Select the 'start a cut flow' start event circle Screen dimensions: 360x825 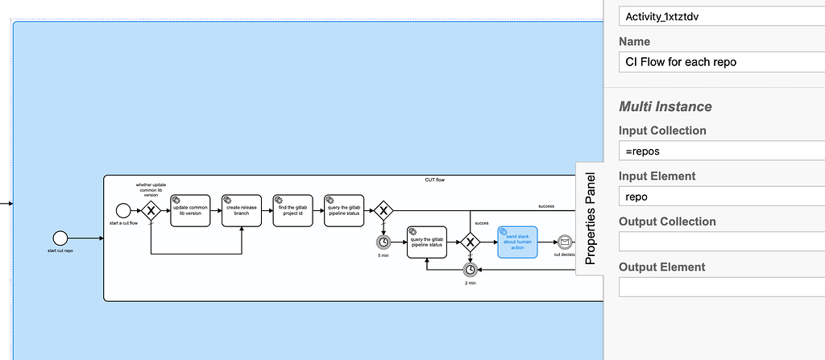click(123, 211)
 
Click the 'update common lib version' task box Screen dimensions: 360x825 click(190, 211)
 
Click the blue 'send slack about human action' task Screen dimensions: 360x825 click(516, 242)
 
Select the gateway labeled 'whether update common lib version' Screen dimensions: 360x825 click(151, 211)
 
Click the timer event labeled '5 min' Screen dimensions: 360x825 click(383, 242)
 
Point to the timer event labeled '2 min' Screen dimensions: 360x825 click(469, 271)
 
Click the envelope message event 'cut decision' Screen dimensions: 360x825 click(565, 242)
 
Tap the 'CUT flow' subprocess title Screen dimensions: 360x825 click(434, 180)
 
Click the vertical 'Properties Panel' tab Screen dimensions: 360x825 click(590, 217)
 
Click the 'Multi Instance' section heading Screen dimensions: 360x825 click(665, 106)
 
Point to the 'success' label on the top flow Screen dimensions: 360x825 click(546, 206)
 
